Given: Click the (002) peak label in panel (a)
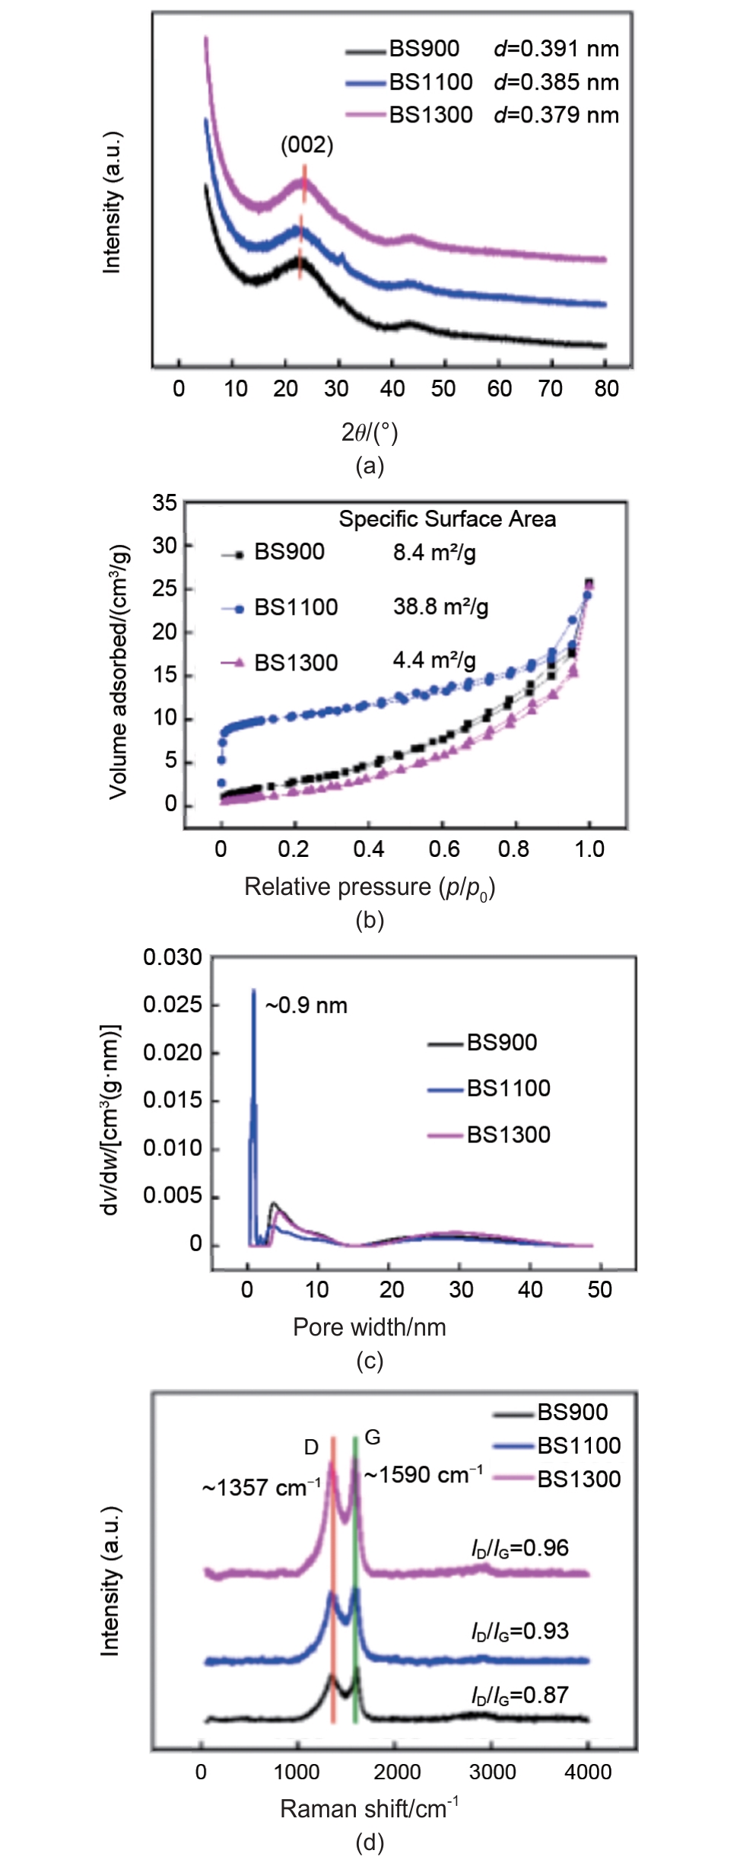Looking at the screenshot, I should point(306,145).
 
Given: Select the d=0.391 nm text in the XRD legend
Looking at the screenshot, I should point(556,49).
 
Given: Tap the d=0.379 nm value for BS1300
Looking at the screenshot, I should point(556,115).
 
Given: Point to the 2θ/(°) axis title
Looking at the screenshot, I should point(370,432).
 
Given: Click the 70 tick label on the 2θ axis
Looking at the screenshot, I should point(550,389).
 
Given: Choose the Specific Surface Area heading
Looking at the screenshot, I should point(447,519).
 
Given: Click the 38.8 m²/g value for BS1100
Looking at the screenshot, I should point(440,607).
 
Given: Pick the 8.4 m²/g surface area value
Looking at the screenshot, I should point(434,552).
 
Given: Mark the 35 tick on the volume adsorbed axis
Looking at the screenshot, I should point(164,503).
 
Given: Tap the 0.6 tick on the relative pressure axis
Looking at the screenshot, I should point(443,849).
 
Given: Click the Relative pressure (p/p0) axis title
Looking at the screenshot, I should point(370,887).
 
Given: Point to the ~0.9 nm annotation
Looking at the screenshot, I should point(306,1005).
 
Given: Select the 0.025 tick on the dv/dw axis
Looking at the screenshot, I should point(173,1005).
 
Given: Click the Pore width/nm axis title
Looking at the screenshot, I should point(370,1327).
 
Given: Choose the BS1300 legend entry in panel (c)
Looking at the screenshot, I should point(508,1135).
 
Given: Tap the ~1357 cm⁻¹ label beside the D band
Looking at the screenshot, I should point(261,1488).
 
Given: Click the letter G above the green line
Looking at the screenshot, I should point(373,1437).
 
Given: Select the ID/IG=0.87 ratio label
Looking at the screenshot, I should point(519,1695).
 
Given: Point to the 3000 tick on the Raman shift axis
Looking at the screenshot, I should point(492,1772).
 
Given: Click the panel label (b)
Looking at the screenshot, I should point(370,921).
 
